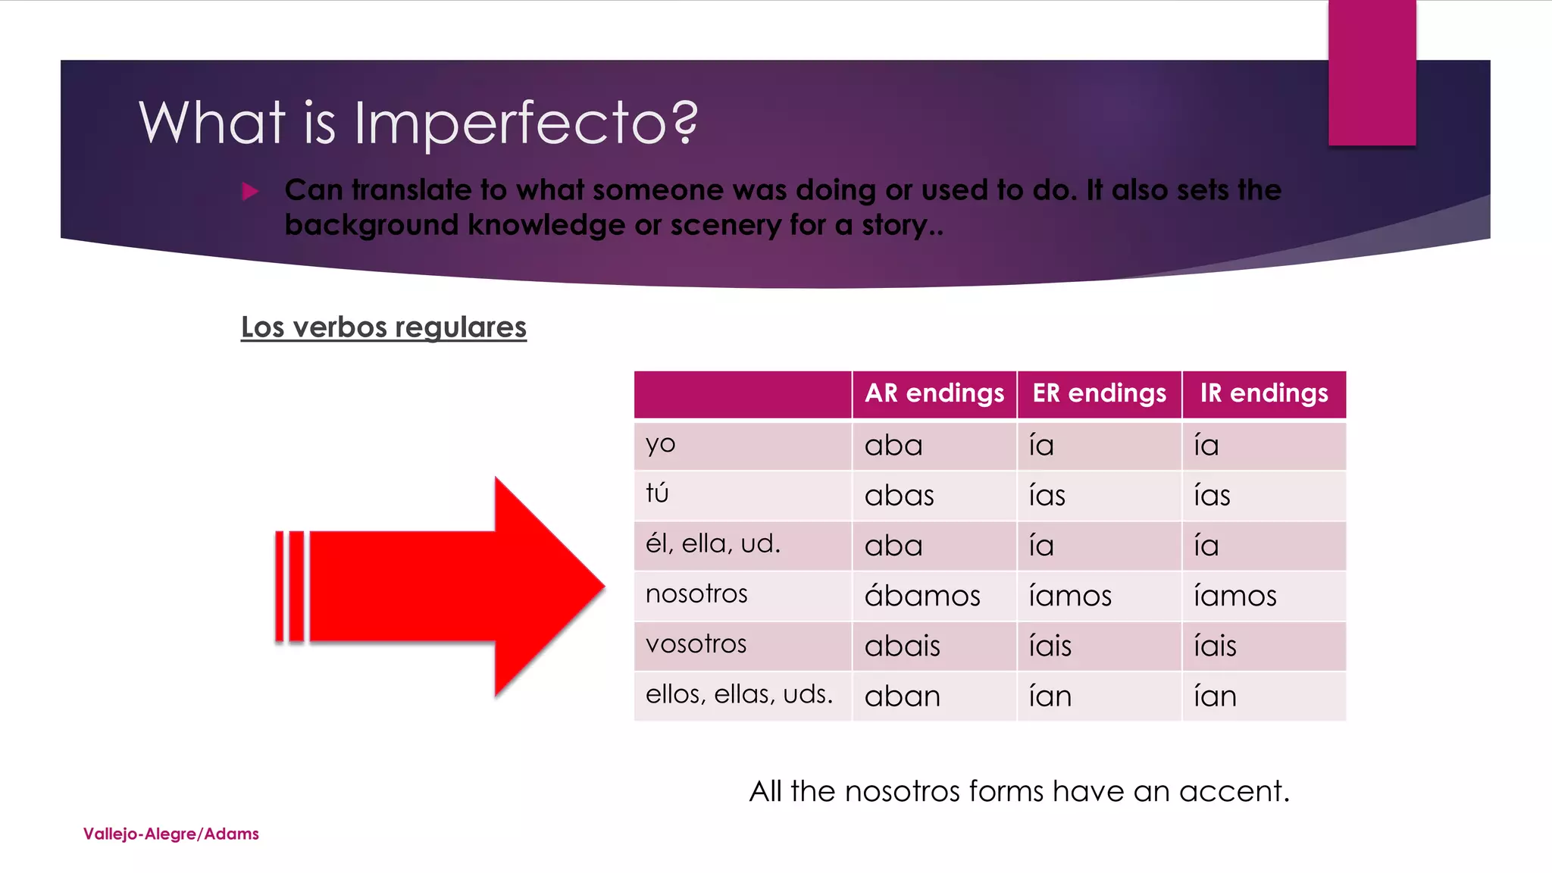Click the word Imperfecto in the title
pyautogui.click(x=525, y=123)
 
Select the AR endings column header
pyautogui.click(x=934, y=393)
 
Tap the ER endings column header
pyautogui.click(x=1099, y=393)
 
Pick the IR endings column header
pyautogui.click(x=1263, y=393)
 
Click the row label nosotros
pyautogui.click(x=696, y=594)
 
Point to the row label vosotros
pyautogui.click(x=696, y=644)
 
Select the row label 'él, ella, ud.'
pyautogui.click(x=712, y=544)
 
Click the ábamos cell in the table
pyautogui.click(x=922, y=596)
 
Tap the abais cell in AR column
pyautogui.click(x=902, y=646)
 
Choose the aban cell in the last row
pyautogui.click(x=902, y=696)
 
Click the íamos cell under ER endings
pyautogui.click(x=1070, y=596)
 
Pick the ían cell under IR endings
pyautogui.click(x=1215, y=696)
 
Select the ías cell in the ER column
pyautogui.click(x=1047, y=496)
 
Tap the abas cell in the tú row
pyautogui.click(x=899, y=496)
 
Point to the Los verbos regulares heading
pyautogui.click(x=383, y=327)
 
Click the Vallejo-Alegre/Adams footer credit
pyautogui.click(x=171, y=834)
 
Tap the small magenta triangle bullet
pyautogui.click(x=250, y=191)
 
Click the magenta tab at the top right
pyautogui.click(x=1372, y=72)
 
